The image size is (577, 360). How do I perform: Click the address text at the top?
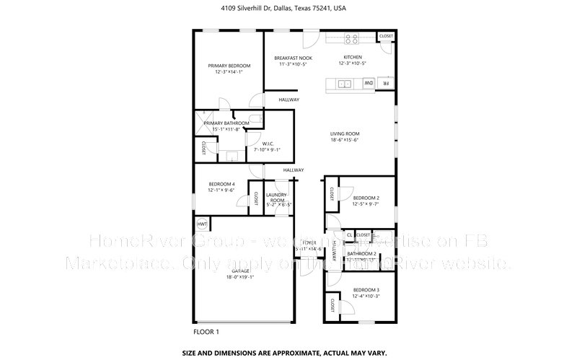[288, 9]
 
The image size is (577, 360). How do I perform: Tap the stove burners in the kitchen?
[351, 39]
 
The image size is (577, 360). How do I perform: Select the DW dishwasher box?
[367, 84]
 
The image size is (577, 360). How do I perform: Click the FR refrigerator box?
[386, 84]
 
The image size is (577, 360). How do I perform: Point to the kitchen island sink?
[345, 84]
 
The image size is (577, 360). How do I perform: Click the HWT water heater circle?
[202, 224]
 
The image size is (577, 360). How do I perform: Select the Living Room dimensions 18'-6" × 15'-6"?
[345, 140]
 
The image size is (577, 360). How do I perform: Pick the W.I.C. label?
[266, 143]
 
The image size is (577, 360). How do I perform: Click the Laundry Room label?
[277, 198]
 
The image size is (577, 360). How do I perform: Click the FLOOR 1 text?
[206, 332]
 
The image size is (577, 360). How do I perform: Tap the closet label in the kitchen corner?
[386, 36]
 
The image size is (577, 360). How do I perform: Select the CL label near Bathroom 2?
[349, 235]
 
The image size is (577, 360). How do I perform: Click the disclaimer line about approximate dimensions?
[288, 354]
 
